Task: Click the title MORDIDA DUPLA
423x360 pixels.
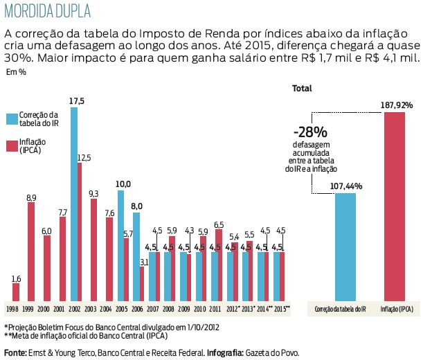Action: (x=46, y=12)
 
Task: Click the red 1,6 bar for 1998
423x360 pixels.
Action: (x=15, y=291)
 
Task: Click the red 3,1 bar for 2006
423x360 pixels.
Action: (x=143, y=282)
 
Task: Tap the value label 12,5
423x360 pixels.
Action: (x=84, y=158)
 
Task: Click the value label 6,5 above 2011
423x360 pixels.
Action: (x=219, y=224)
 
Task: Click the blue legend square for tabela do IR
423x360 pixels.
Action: (x=11, y=118)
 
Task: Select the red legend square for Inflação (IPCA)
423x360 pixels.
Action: (x=11, y=145)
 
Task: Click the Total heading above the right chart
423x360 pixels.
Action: (x=302, y=89)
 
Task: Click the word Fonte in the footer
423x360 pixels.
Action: (x=16, y=353)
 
